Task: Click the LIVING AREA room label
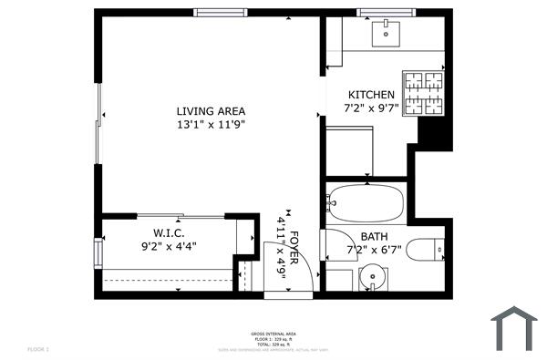[x=211, y=111]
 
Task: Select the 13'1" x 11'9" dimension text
[x=211, y=125]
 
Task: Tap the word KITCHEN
[x=372, y=95]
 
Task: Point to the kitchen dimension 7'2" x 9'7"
[x=372, y=108]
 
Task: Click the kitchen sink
[x=386, y=34]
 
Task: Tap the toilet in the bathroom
[x=425, y=248]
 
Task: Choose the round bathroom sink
[x=372, y=277]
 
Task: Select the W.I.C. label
[x=169, y=232]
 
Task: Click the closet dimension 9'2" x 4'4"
[x=169, y=245]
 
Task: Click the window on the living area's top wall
[x=220, y=13]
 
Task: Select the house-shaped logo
[x=513, y=328]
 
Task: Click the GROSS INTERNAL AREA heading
[x=273, y=334]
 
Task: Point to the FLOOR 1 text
[x=37, y=349]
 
